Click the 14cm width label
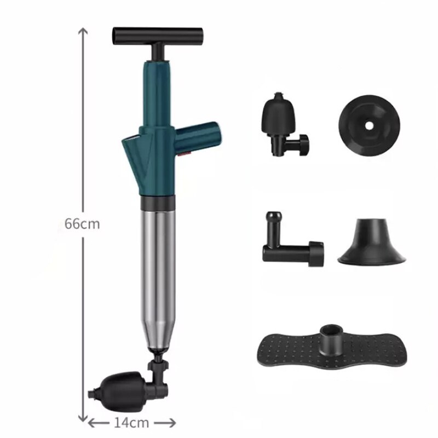(132, 422)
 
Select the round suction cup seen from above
(368, 125)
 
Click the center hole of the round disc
(369, 125)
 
